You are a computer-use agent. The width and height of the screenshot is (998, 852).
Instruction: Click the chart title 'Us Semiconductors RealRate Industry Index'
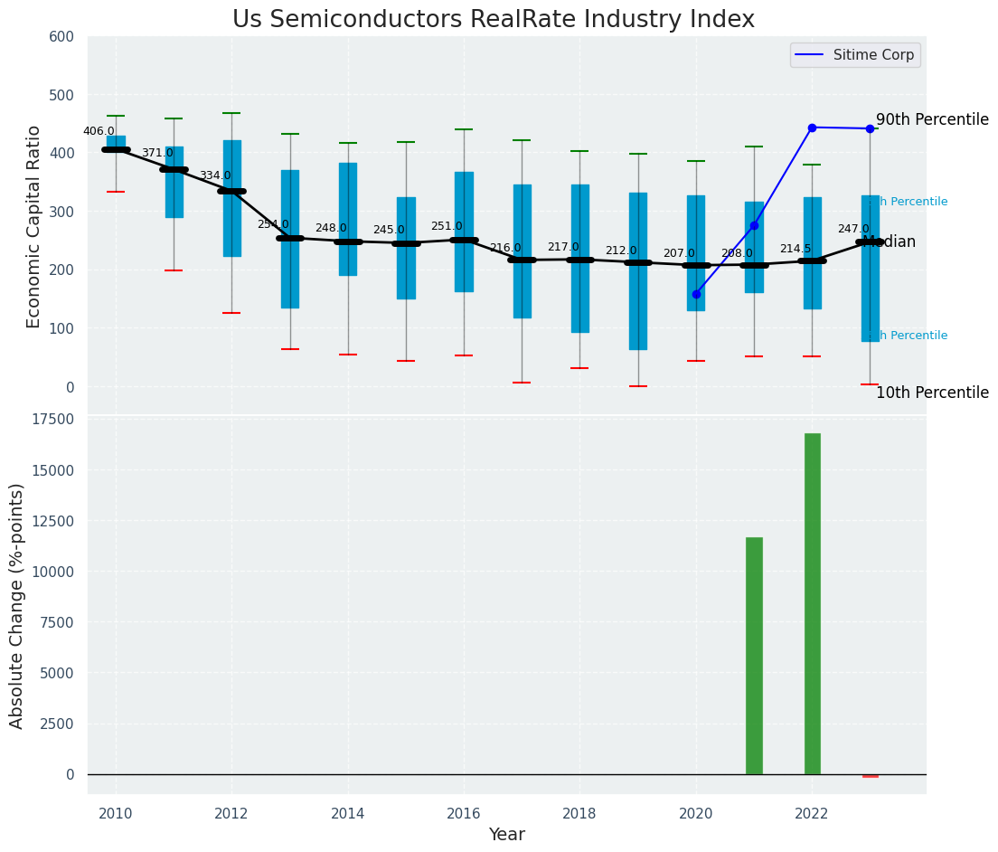coord(493,20)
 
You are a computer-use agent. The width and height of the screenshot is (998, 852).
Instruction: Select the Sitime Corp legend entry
coord(855,55)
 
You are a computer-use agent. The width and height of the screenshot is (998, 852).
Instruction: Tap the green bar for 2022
coord(812,603)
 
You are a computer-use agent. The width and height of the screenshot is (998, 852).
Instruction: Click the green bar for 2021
coord(754,656)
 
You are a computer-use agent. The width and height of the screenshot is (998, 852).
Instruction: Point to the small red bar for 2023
coord(870,776)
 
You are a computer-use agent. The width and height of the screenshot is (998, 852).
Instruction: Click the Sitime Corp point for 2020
coord(696,294)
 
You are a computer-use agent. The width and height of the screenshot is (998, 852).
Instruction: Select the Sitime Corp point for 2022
coord(812,128)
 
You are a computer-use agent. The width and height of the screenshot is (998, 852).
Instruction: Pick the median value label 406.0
coord(99,131)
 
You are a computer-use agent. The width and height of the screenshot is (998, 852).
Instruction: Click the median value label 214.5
coord(796,249)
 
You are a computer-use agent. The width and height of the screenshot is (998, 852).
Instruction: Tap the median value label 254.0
coord(273,224)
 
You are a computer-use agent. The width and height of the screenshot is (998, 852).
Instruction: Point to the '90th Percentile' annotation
coord(932,119)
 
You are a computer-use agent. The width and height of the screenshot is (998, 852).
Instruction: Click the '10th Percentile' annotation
coord(932,393)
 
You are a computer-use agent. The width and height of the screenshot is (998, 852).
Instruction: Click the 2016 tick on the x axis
coord(464,814)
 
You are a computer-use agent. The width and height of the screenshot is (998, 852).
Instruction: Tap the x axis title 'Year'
coord(506,835)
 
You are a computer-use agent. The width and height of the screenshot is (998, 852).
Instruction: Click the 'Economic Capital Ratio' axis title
coord(34,226)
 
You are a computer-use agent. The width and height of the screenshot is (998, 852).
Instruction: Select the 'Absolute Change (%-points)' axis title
coord(17,605)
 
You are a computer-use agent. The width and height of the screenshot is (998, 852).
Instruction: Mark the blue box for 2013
coord(289,239)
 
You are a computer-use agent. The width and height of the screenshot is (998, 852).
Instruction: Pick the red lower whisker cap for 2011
coord(174,270)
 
